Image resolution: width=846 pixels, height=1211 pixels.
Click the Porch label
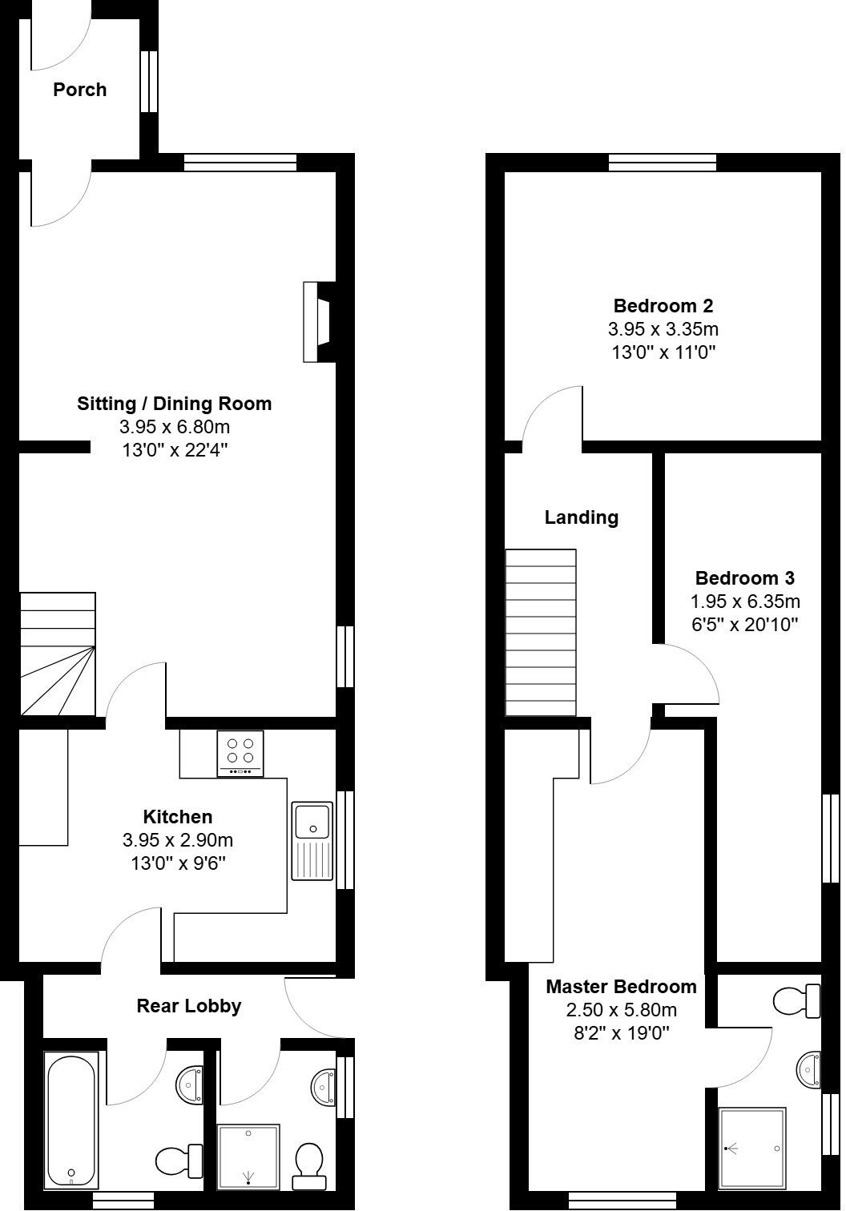79,90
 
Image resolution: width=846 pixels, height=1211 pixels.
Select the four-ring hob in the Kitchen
240,753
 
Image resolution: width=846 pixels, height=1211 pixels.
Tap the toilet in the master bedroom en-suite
796,1000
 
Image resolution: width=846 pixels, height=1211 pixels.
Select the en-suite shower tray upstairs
752,1147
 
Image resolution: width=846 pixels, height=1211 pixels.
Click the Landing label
581,517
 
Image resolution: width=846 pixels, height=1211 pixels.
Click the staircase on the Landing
541,632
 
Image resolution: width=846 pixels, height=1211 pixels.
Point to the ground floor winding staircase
58,654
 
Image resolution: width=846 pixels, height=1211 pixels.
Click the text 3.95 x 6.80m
175,427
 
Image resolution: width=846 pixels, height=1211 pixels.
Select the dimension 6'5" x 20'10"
745,624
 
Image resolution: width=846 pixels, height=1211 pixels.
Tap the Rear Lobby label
188,1006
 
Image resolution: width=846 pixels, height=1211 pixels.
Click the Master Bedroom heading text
621,987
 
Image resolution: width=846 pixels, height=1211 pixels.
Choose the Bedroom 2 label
663,305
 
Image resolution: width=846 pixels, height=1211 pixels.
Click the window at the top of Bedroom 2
663,163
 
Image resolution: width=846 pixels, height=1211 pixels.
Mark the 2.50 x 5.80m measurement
621,1010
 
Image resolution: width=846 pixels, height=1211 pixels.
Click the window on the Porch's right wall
147,82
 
